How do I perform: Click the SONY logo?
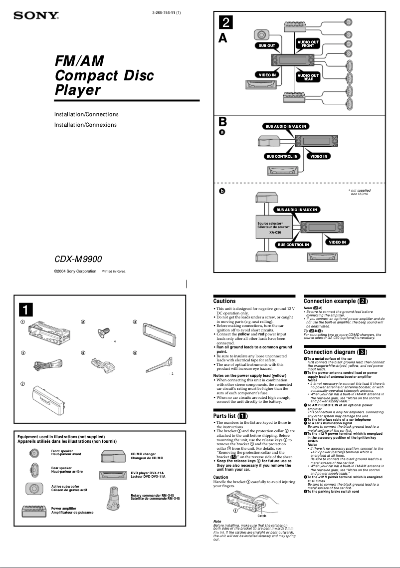(36, 15)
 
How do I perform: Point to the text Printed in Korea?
(114, 272)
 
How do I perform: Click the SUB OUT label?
(267, 45)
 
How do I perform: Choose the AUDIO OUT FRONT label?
(308, 43)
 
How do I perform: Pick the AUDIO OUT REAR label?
(308, 77)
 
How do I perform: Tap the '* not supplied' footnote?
(359, 192)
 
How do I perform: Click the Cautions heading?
(224, 301)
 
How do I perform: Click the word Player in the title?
(78, 90)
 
